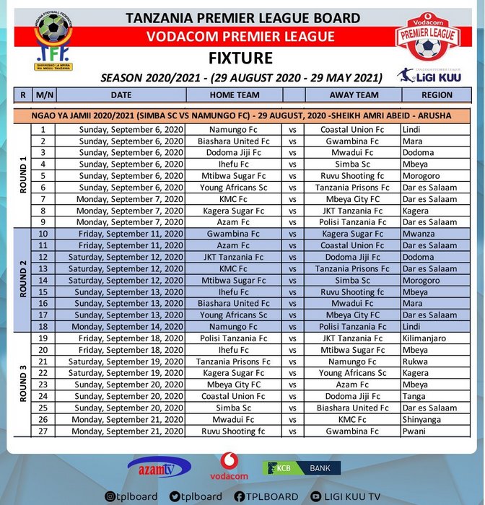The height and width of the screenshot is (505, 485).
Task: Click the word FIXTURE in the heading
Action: (x=241, y=58)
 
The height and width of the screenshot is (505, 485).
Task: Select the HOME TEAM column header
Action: (x=234, y=95)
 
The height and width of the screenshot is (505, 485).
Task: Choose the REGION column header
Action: (x=436, y=95)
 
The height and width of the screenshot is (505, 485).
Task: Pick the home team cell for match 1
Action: (x=234, y=129)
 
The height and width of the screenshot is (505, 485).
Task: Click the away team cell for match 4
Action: (x=353, y=164)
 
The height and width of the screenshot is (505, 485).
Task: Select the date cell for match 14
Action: (x=121, y=280)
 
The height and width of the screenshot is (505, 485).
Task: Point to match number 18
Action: (x=43, y=326)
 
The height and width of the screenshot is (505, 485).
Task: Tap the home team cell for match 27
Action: (x=234, y=431)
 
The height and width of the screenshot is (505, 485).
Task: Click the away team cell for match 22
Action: (x=353, y=373)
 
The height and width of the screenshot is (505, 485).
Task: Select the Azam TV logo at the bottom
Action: (x=160, y=467)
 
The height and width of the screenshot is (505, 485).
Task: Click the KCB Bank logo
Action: (x=302, y=468)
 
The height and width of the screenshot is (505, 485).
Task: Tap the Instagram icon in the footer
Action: (x=110, y=496)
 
